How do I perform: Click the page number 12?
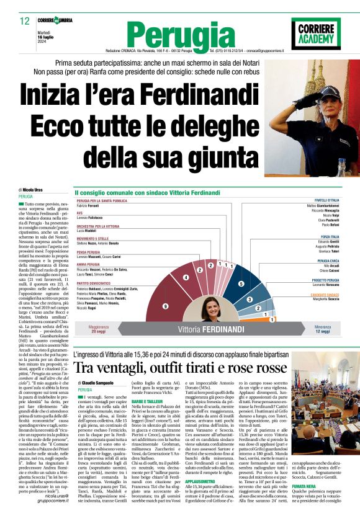pos(25,20)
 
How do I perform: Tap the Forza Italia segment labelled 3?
pos(249,299)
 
